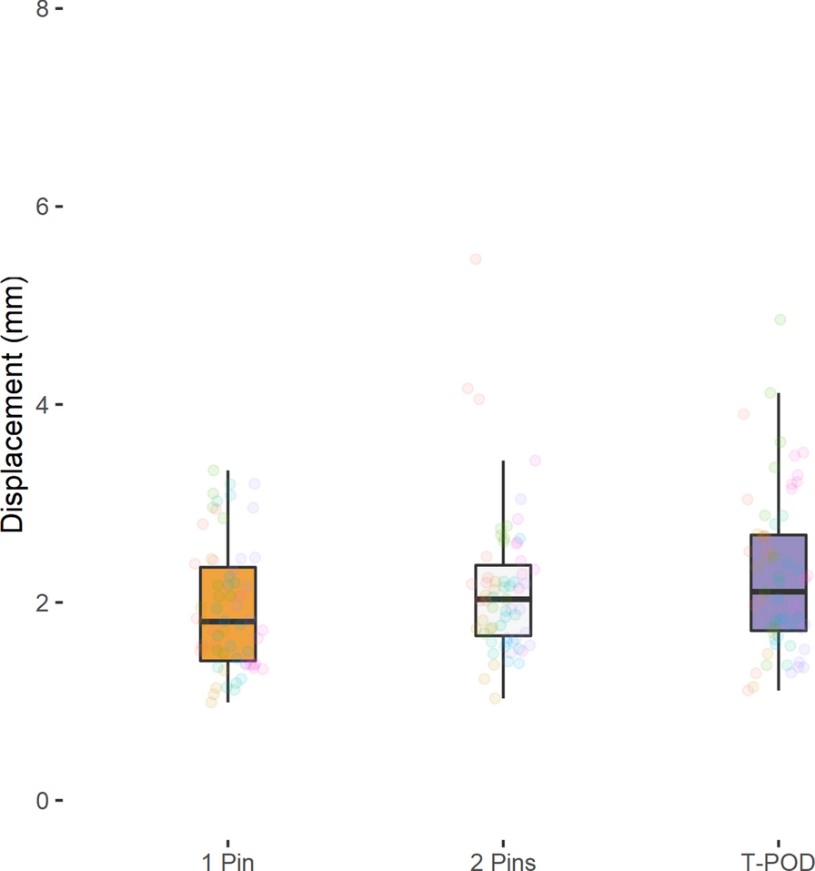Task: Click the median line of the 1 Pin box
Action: [x=227, y=621]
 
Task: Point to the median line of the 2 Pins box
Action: [x=503, y=599]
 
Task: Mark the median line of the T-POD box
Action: [x=779, y=592]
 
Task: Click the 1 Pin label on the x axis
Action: [x=227, y=861]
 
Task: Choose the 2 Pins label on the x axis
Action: [x=503, y=861]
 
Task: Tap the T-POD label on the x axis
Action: [x=778, y=861]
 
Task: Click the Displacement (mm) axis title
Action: [x=13, y=404]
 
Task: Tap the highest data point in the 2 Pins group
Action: [x=475, y=259]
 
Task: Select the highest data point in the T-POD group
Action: [x=780, y=319]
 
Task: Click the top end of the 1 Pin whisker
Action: [x=227, y=471]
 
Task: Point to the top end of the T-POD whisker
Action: [x=779, y=394]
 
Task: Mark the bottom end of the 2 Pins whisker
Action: [x=503, y=698]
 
